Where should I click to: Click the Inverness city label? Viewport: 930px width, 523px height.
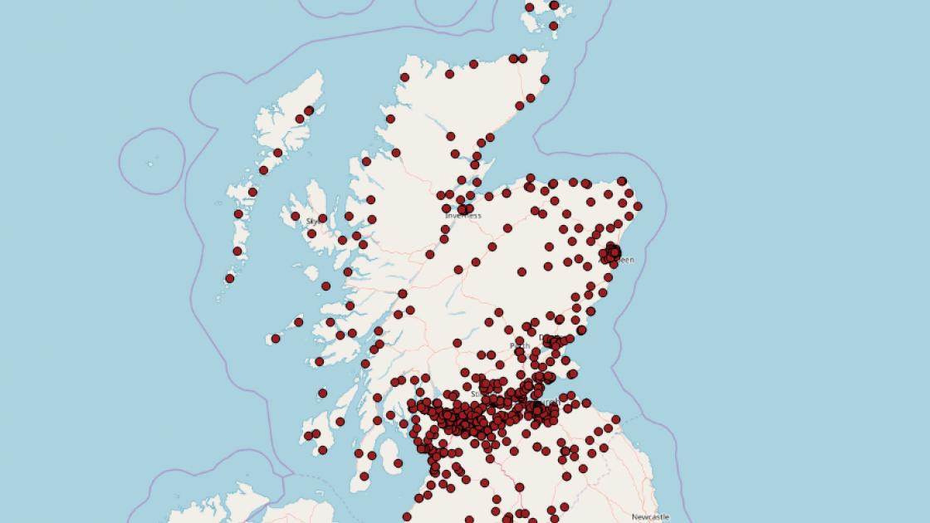click(463, 216)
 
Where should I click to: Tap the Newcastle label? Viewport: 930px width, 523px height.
click(650, 517)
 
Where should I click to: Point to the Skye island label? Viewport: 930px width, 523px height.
click(312, 222)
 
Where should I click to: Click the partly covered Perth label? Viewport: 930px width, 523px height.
click(520, 345)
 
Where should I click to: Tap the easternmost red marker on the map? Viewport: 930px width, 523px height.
click(638, 207)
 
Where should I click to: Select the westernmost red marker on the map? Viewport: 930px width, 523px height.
click(230, 278)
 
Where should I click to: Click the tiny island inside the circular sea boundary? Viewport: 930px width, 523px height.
click(151, 164)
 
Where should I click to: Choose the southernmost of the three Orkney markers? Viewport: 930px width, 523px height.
click(554, 26)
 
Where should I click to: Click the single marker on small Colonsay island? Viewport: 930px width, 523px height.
click(322, 393)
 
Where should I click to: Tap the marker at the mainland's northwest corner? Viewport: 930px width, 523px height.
click(404, 77)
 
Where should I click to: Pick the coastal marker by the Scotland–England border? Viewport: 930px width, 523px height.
click(616, 427)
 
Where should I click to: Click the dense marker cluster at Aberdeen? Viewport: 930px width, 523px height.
click(613, 251)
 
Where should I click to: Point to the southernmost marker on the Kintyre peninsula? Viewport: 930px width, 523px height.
click(364, 477)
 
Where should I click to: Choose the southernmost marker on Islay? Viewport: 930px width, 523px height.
click(322, 450)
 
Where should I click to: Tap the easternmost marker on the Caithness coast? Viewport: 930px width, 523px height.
click(546, 80)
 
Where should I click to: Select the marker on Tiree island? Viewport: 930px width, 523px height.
click(276, 339)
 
